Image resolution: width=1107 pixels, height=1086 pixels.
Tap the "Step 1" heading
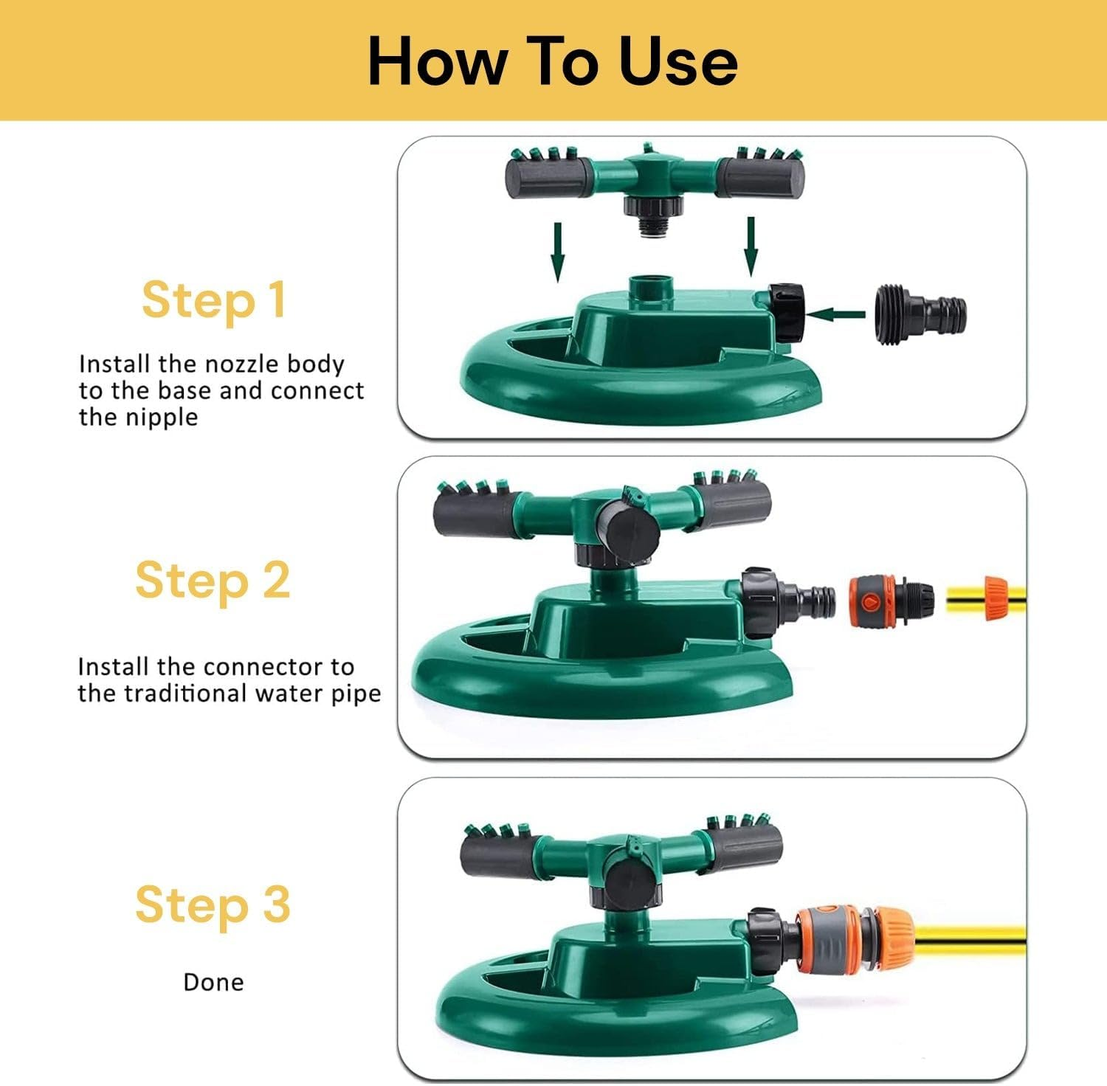click(213, 300)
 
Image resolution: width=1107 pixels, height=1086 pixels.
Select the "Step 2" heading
click(213, 580)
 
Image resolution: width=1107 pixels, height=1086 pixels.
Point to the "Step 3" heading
click(213, 905)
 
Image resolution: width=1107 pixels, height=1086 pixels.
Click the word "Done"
click(213, 982)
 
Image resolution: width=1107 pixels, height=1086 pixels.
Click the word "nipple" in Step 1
click(161, 418)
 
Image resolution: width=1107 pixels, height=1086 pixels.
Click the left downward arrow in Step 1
click(558, 252)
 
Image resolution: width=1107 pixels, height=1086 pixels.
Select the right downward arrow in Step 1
click(751, 246)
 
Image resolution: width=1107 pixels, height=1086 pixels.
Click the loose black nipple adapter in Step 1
click(920, 314)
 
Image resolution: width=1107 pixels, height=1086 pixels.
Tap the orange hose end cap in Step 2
click(997, 599)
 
